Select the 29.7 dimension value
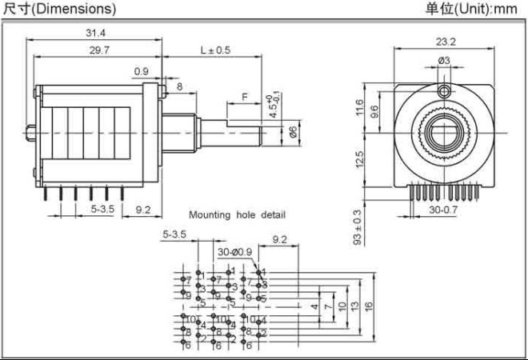pyautogui.click(x=95, y=50)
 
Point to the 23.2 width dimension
pyautogui.click(x=446, y=42)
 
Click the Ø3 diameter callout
pyautogui.click(x=444, y=61)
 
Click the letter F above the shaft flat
pyautogui.click(x=244, y=97)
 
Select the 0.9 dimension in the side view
pyautogui.click(x=141, y=71)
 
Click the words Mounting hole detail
pyautogui.click(x=237, y=214)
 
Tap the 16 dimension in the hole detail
pyautogui.click(x=369, y=306)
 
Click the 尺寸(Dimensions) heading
pyautogui.click(x=60, y=9)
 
